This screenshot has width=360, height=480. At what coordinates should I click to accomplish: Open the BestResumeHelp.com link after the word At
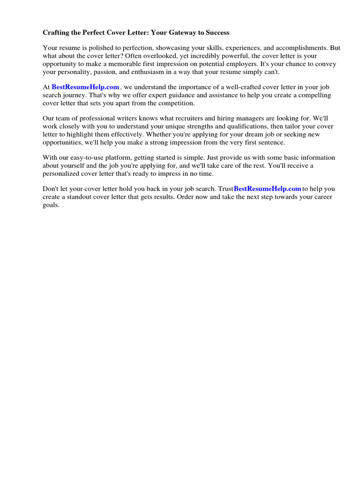click(86, 87)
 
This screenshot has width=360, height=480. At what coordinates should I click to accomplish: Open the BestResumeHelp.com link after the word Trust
click(267, 188)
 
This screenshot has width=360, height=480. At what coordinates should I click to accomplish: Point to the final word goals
click(51, 205)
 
